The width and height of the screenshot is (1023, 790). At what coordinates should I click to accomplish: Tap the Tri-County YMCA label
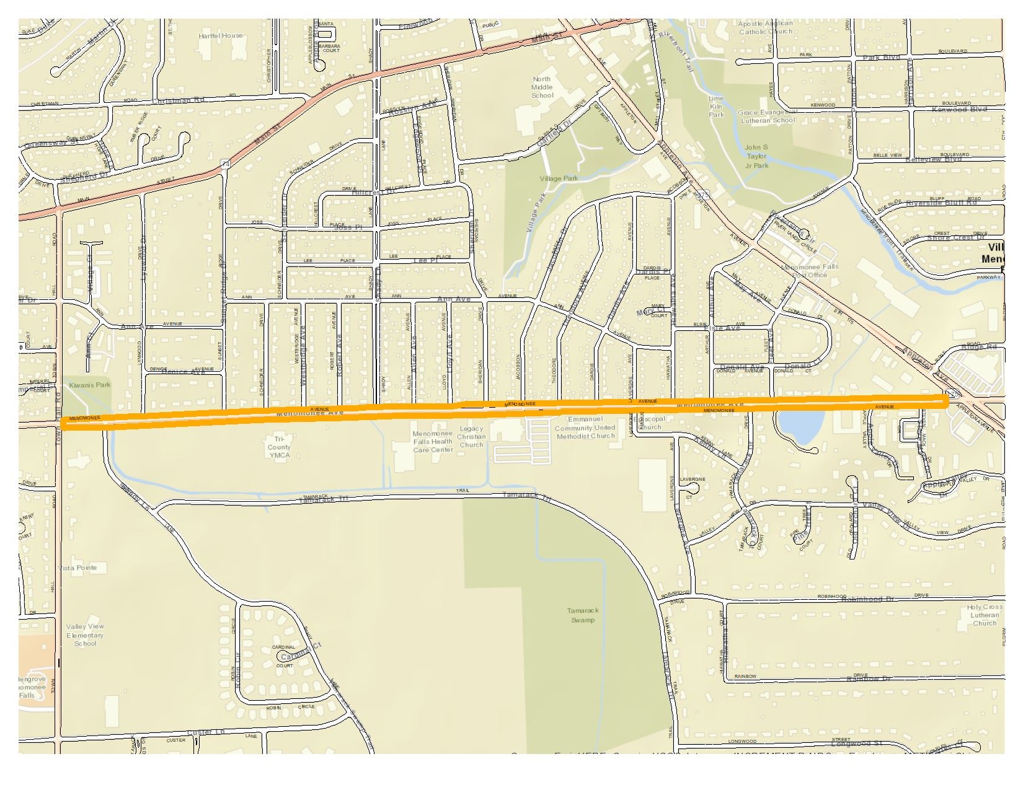[280, 447]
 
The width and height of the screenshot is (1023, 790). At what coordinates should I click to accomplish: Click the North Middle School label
[541, 87]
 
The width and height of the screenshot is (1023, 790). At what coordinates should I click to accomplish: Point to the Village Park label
[558, 178]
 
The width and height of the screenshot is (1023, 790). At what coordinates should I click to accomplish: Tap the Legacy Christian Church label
[471, 436]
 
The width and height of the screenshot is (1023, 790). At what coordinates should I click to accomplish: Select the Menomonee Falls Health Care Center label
[432, 442]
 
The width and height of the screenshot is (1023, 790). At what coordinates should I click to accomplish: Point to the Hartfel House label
[221, 36]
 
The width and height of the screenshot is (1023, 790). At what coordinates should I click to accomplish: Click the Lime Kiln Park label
[716, 107]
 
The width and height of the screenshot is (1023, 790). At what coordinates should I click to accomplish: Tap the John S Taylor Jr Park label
[756, 156]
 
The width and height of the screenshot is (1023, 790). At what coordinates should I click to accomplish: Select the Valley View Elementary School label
[86, 634]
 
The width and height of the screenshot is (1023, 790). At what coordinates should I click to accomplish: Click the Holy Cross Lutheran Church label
[985, 615]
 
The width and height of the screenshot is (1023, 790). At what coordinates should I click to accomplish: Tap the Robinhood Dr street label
[872, 599]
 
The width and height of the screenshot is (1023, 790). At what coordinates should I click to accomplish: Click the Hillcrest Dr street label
[373, 193]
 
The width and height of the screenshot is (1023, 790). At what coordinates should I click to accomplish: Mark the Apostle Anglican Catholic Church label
[765, 27]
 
